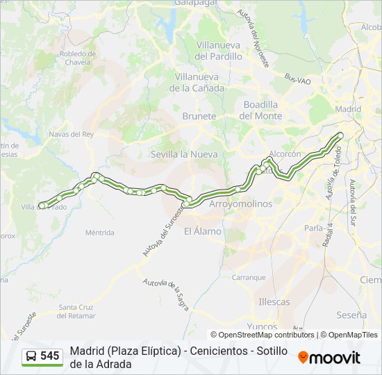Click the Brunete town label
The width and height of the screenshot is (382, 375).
[199, 117]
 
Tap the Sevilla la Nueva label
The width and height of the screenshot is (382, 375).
[184, 154]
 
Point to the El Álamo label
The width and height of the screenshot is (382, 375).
[203, 231]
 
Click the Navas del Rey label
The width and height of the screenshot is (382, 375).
[71, 134]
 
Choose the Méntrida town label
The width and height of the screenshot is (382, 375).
[99, 233]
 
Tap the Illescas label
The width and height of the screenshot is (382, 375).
[274, 302]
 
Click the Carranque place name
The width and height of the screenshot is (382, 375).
[249, 277]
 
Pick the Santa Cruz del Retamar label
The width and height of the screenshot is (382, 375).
[77, 311]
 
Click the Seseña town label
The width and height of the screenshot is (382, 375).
[351, 315]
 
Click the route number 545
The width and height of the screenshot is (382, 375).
[50, 356]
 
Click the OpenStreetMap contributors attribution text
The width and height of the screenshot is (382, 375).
[263, 335]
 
